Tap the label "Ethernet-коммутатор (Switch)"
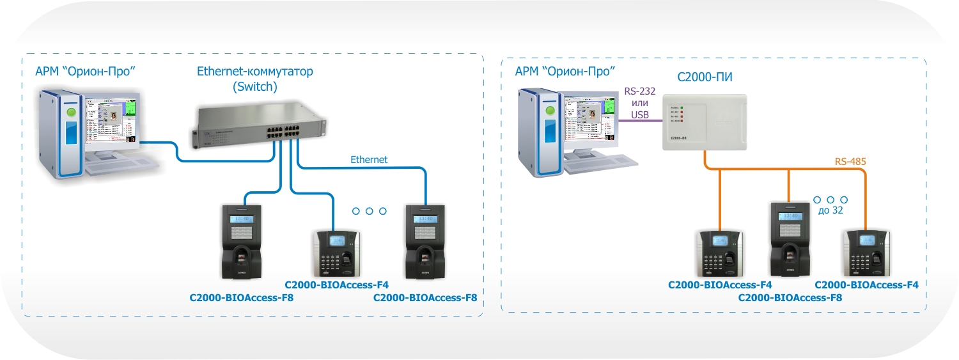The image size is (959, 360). click(254, 79)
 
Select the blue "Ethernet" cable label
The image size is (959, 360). click(368, 159)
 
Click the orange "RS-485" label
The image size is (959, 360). click(850, 162)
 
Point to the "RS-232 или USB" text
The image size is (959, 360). click(639, 103)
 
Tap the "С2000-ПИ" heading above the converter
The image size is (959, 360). click(704, 77)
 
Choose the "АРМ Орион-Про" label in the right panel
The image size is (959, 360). click(565, 70)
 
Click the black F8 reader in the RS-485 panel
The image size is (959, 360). click(790, 237)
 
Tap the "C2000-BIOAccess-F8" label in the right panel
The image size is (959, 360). click(790, 297)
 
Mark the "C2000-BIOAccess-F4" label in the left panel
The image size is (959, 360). click(336, 285)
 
